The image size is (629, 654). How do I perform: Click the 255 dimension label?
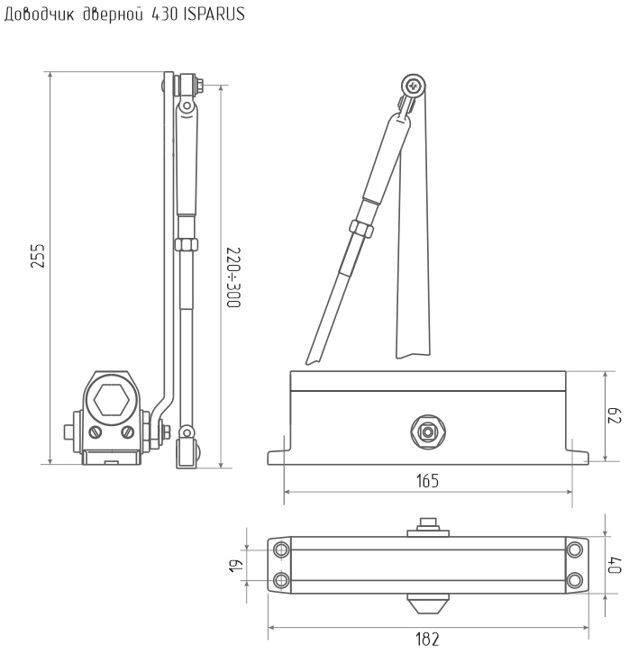tap(38, 256)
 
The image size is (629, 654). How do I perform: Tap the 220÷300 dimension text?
tap(233, 277)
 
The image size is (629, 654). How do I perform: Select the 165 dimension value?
tap(427, 481)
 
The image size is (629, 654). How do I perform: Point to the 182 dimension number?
tap(427, 640)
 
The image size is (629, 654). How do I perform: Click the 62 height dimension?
tap(614, 416)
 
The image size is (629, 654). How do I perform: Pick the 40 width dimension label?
tap(615, 564)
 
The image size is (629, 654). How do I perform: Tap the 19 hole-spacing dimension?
tap(236, 566)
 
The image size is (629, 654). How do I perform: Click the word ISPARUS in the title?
tap(214, 14)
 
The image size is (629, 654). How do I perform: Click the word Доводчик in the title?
tap(39, 15)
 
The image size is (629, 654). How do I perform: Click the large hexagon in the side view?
tap(111, 400)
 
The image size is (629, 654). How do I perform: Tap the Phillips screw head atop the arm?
tap(414, 86)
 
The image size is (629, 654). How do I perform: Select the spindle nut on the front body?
tap(427, 431)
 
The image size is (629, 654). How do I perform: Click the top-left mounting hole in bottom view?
tap(281, 550)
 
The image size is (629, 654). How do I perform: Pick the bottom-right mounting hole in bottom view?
tap(575, 580)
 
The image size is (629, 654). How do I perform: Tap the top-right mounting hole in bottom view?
tap(575, 550)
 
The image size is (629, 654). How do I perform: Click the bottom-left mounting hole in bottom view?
tap(281, 580)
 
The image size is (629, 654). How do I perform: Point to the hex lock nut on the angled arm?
tap(361, 229)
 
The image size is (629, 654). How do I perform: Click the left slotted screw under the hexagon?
tap(96, 432)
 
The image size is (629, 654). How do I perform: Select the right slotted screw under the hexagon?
tap(128, 432)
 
